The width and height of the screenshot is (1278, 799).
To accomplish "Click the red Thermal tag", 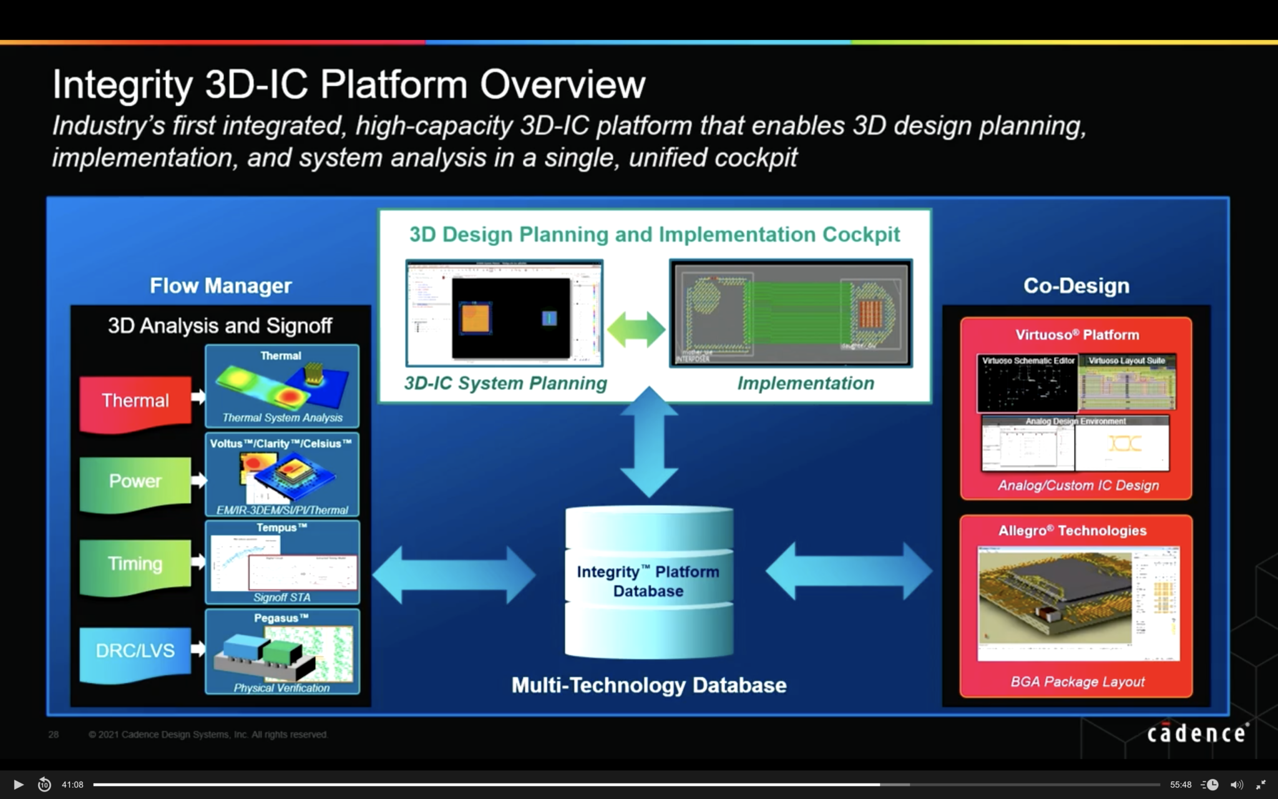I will click(x=135, y=401).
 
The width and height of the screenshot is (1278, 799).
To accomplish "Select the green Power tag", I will click(x=135, y=481).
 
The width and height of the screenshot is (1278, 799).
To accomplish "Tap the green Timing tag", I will click(x=135, y=564).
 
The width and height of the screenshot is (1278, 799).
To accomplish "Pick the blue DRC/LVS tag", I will click(x=135, y=651).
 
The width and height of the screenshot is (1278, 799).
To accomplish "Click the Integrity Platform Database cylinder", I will click(x=648, y=581).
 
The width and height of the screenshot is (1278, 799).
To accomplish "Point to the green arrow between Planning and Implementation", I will click(x=636, y=329).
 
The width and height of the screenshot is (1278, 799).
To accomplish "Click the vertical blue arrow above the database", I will click(x=649, y=441).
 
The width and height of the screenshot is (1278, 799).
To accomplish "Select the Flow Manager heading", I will click(x=220, y=286).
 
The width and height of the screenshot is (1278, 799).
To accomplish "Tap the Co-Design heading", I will click(x=1076, y=286).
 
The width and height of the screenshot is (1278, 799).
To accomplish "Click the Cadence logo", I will click(x=1197, y=733).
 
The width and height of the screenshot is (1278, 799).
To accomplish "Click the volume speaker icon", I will click(x=1236, y=785).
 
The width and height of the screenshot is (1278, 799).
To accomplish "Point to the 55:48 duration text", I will click(x=1180, y=785).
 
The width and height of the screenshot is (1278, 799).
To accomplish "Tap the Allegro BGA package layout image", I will click(x=1077, y=603).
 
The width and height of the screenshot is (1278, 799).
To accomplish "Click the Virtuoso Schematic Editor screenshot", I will click(x=1027, y=383).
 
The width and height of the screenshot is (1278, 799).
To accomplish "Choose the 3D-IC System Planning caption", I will click(x=505, y=383).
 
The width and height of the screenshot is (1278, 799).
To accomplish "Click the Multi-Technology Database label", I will click(x=648, y=685).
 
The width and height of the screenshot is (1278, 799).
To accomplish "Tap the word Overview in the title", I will click(x=562, y=85).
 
